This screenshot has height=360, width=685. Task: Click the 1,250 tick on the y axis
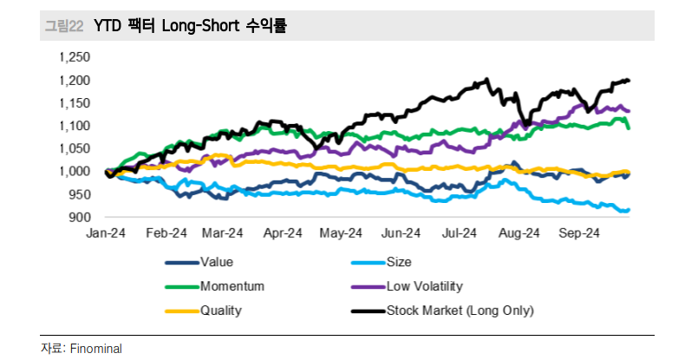pyautogui.click(x=75, y=57)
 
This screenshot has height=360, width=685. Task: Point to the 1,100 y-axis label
pyautogui.click(x=75, y=126)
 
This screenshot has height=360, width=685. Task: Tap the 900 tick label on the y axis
pyautogui.click(x=80, y=217)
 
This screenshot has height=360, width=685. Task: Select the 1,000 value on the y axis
pyautogui.click(x=75, y=171)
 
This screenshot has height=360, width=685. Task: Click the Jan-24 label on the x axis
pyautogui.click(x=106, y=233)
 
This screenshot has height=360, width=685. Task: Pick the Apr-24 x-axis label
pyautogui.click(x=283, y=233)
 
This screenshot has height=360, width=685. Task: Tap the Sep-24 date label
pyautogui.click(x=579, y=233)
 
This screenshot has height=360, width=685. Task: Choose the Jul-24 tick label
pyautogui.click(x=459, y=233)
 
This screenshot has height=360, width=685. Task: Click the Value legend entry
pyautogui.click(x=217, y=262)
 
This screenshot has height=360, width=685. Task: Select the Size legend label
pyautogui.click(x=399, y=262)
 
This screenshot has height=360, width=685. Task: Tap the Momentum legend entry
pyautogui.click(x=232, y=286)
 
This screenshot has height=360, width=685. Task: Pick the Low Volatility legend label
pyautogui.click(x=425, y=286)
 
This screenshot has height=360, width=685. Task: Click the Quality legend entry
pyautogui.click(x=221, y=311)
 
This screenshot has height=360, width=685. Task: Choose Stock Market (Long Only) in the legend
pyautogui.click(x=460, y=311)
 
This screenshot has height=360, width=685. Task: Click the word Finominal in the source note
pyautogui.click(x=96, y=349)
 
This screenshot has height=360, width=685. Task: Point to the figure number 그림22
pyautogui.click(x=64, y=26)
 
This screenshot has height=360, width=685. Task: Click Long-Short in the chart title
pyautogui.click(x=201, y=26)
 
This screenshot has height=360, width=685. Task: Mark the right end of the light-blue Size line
pyautogui.click(x=629, y=210)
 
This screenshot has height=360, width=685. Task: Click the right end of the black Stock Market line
pyautogui.click(x=629, y=81)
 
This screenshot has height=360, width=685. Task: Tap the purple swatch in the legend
pyautogui.click(x=369, y=287)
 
